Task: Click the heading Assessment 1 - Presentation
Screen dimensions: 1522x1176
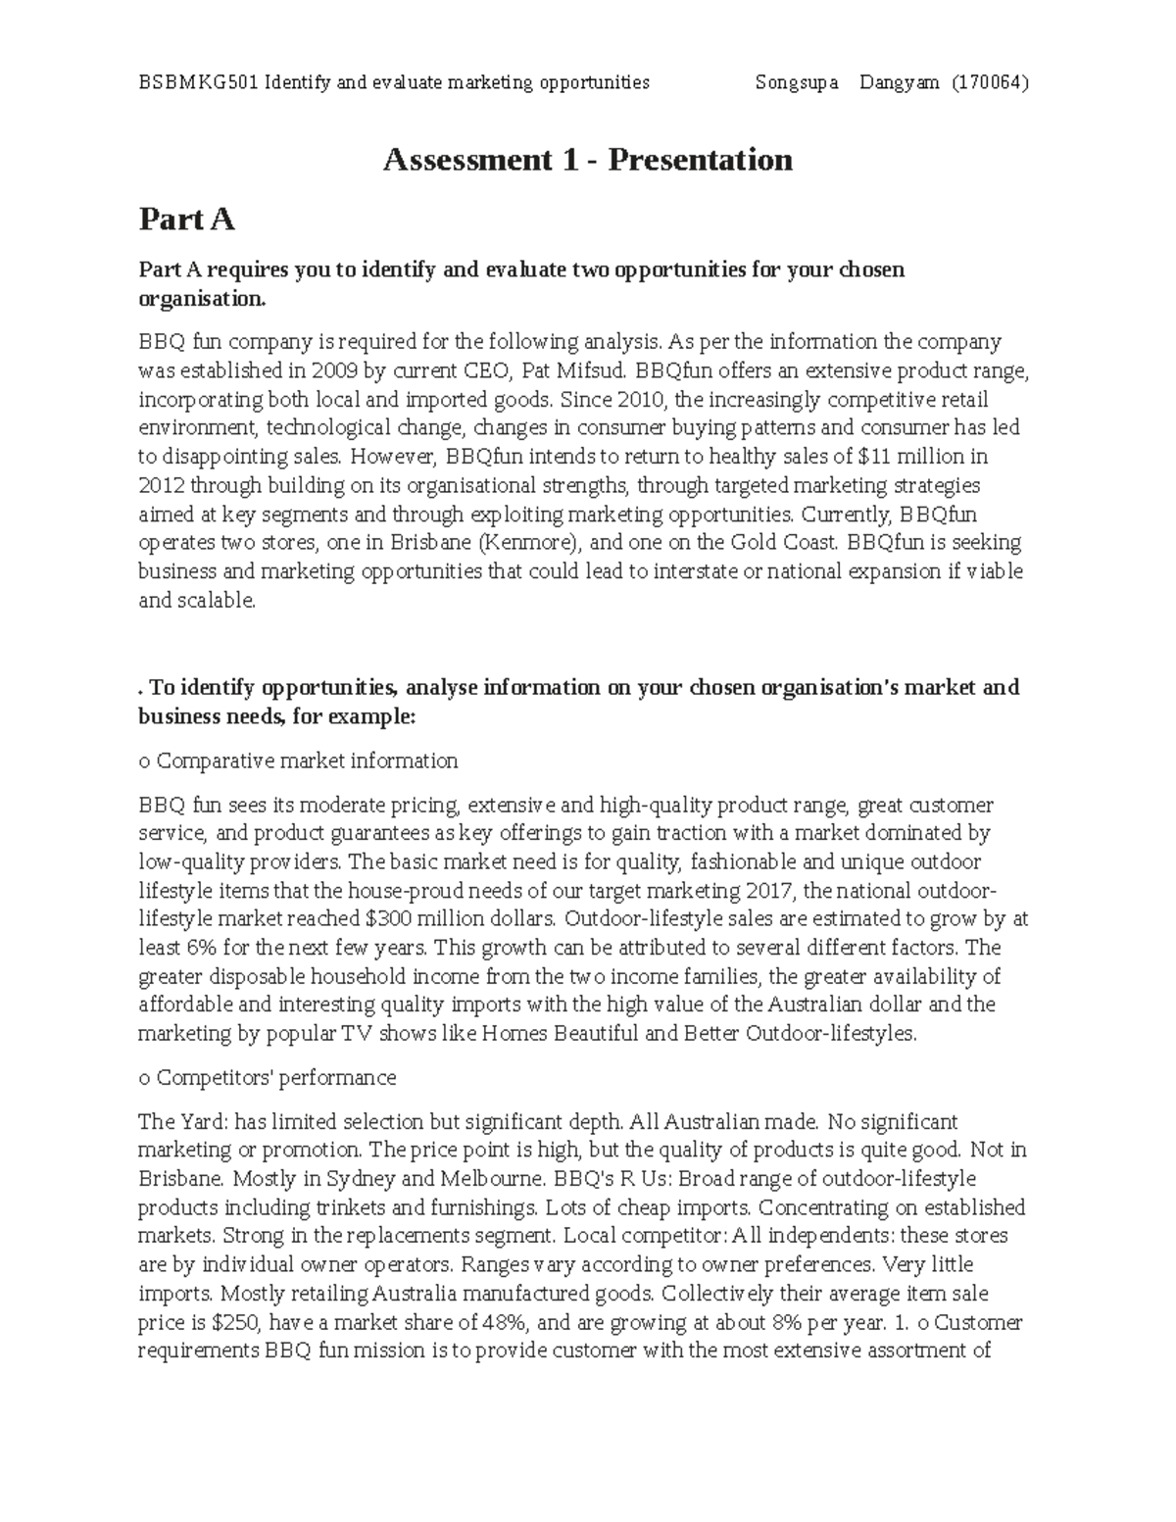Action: coord(587,160)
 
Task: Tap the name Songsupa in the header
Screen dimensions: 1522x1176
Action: coord(797,82)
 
